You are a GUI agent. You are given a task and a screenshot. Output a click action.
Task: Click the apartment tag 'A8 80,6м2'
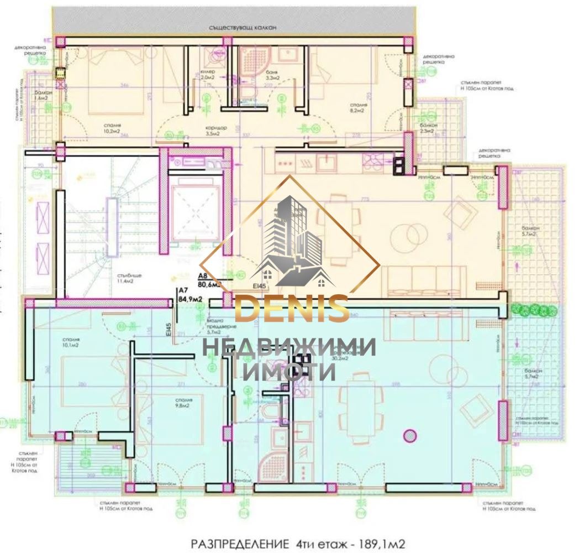coord(209,281)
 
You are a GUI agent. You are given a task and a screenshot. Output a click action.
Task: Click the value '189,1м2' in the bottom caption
coord(377,544)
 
